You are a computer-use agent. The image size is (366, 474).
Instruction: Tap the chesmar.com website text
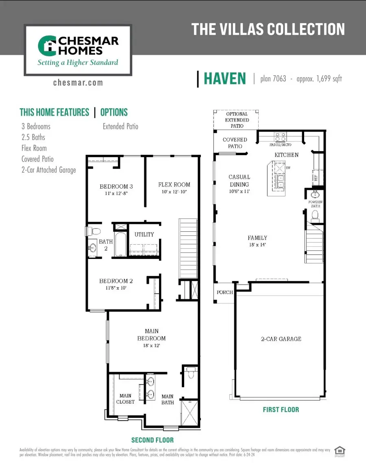pyautogui.click(x=78, y=83)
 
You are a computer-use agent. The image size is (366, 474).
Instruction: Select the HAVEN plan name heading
pyautogui.click(x=225, y=79)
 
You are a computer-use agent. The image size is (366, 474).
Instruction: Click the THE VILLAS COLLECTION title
pyautogui.click(x=268, y=29)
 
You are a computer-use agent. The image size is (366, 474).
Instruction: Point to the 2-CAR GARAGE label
pyautogui.click(x=281, y=339)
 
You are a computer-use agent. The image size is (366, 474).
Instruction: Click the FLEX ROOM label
pyautogui.click(x=174, y=184)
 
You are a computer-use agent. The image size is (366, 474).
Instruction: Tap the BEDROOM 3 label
pyautogui.click(x=116, y=187)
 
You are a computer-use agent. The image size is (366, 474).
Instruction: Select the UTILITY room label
pyautogui.click(x=144, y=234)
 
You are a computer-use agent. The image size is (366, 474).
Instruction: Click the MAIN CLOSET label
pyautogui.click(x=125, y=398)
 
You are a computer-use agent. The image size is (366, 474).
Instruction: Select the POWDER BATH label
pyautogui.click(x=315, y=204)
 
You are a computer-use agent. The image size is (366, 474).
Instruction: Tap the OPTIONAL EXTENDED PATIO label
pyautogui.click(x=237, y=120)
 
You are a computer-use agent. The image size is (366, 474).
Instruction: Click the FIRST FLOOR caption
pyautogui.click(x=281, y=409)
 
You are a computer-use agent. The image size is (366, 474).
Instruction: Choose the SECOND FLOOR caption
pyautogui.click(x=152, y=440)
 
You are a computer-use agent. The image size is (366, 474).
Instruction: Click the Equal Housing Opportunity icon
pyautogui.click(x=338, y=451)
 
